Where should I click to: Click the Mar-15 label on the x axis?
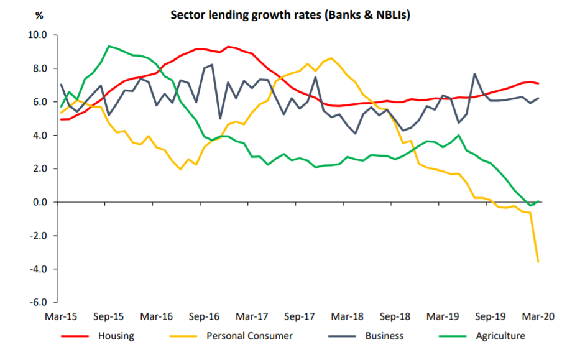(x=61, y=316)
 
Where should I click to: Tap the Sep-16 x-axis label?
(x=205, y=316)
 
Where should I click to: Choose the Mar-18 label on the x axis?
(x=348, y=316)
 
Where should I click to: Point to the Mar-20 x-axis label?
(x=538, y=316)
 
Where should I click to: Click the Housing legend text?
(x=116, y=336)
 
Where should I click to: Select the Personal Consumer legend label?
(x=249, y=336)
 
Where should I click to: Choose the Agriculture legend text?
(x=500, y=336)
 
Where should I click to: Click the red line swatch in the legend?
(x=75, y=336)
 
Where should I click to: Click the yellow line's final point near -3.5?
(x=538, y=262)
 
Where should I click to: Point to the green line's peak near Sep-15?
(x=109, y=46)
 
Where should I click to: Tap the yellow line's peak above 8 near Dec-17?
(x=331, y=58)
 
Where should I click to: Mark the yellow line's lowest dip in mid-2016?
(x=180, y=169)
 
